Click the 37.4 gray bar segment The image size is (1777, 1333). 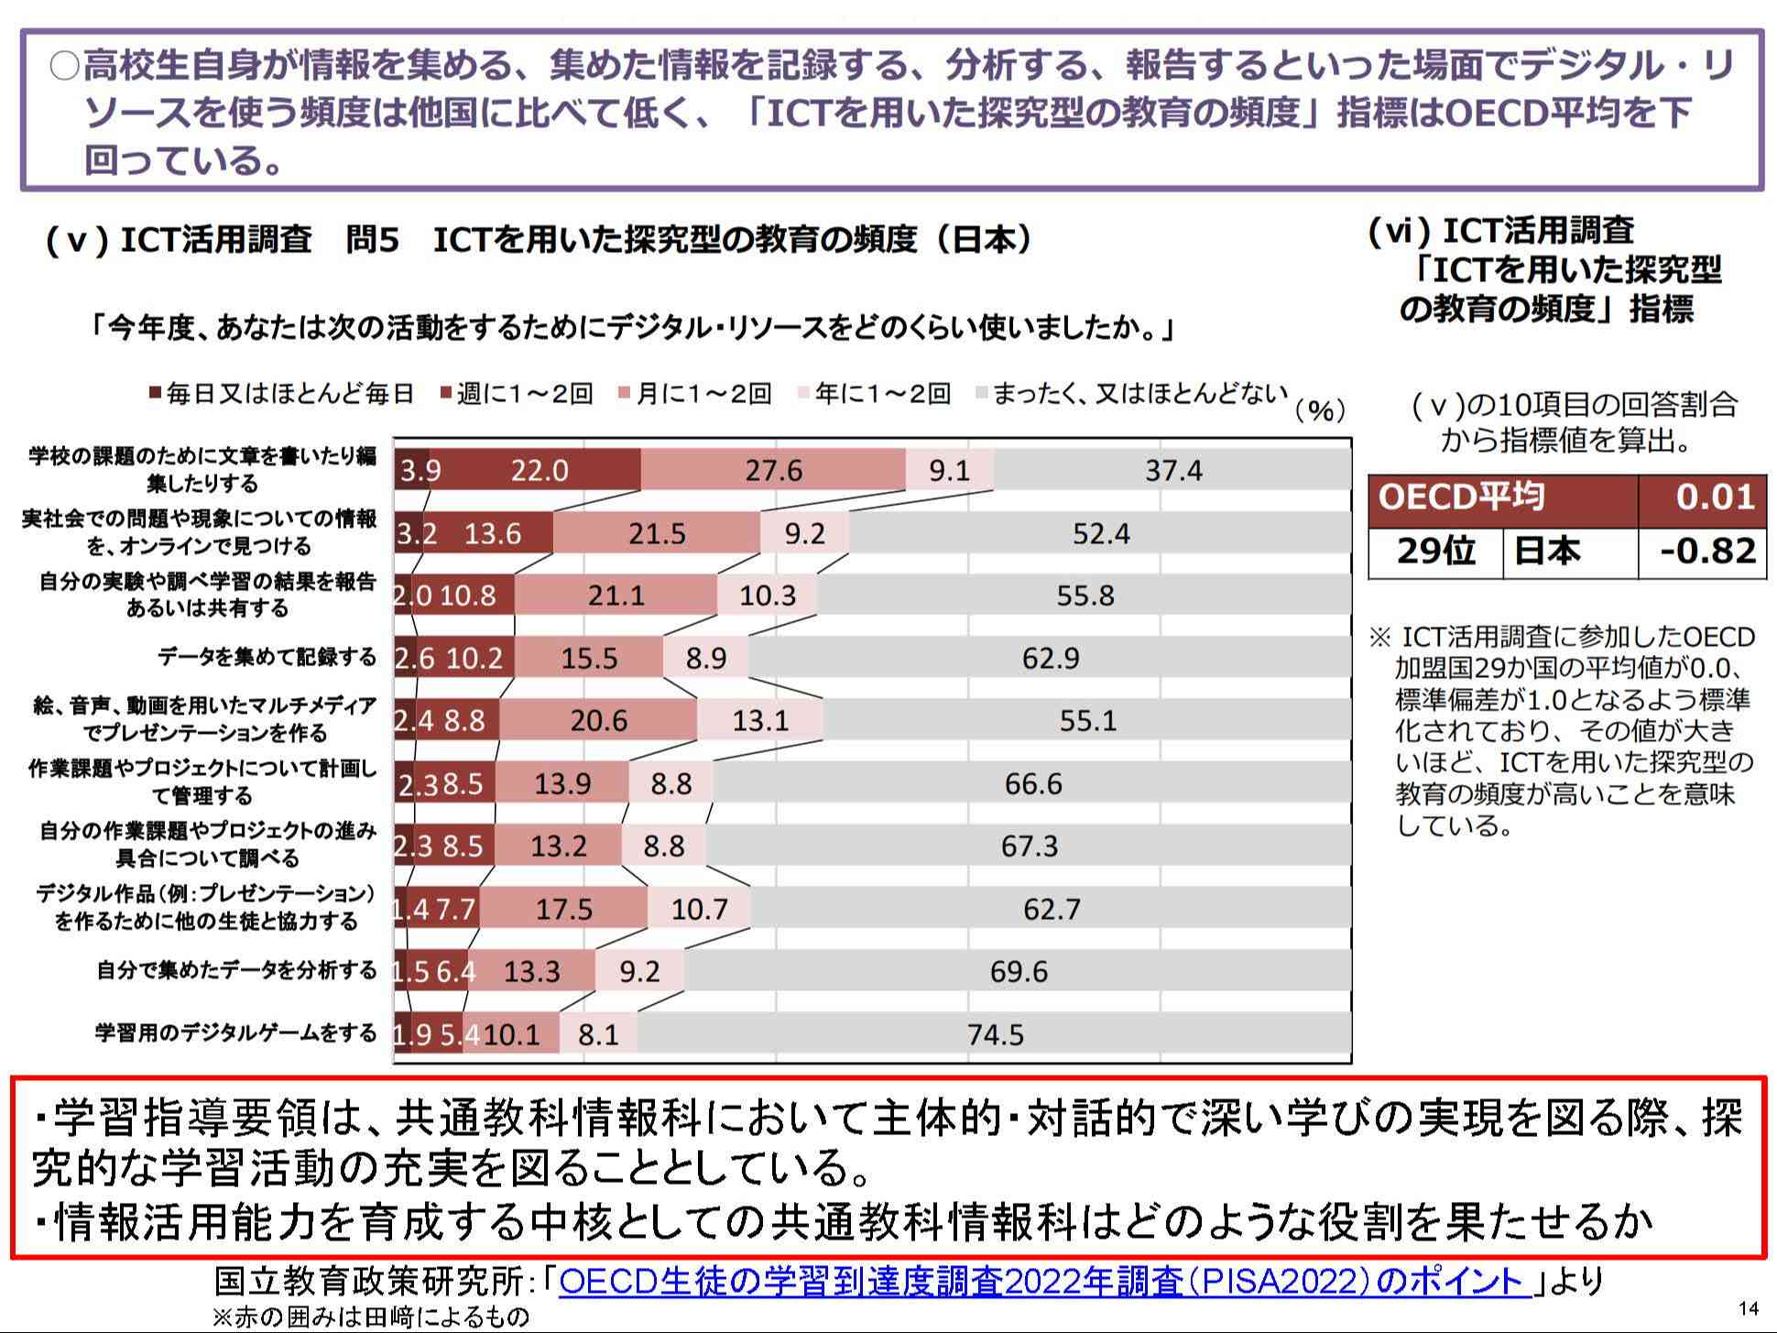[1172, 470]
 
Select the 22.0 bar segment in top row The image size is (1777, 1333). [540, 470]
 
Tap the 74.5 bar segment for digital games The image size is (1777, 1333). [995, 1034]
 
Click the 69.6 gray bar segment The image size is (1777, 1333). [1018, 971]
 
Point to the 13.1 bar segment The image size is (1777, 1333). [759, 720]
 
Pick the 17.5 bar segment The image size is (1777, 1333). [563, 909]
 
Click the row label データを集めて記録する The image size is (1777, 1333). [267, 657]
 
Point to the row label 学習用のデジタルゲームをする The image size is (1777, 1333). [235, 1033]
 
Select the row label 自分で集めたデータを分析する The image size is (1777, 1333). [236, 970]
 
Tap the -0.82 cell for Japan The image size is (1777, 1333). [1702, 552]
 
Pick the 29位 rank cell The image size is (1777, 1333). [1435, 552]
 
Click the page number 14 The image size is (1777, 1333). [1748, 1308]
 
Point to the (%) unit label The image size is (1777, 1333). [1320, 411]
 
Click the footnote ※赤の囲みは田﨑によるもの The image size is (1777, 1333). [370, 1317]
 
